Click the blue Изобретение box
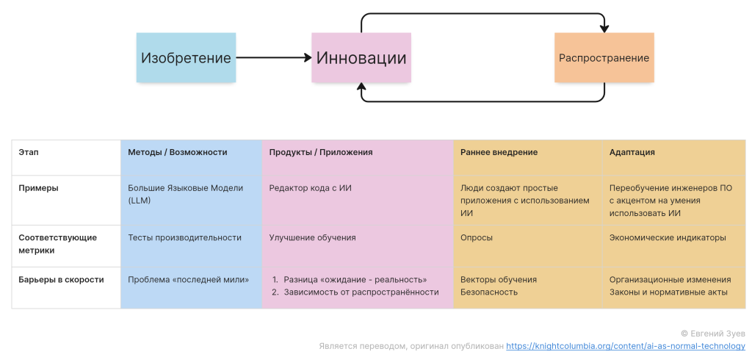coord(186,57)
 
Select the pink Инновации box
coord(361,57)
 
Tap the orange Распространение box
coord(604,57)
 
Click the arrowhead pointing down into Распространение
coord(604,29)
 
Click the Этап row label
coord(29,152)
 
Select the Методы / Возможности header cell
coord(177,152)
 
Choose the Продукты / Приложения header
coord(320,152)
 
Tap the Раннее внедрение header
coord(499,152)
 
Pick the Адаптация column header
coord(632,152)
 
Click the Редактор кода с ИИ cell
coord(310,188)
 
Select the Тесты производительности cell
coord(184,237)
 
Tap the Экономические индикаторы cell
coord(667,237)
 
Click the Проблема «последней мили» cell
coord(188,279)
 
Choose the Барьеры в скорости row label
coord(61,279)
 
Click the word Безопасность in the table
coord(488,292)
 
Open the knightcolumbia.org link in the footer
coord(626,345)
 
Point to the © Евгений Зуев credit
coord(712,333)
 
